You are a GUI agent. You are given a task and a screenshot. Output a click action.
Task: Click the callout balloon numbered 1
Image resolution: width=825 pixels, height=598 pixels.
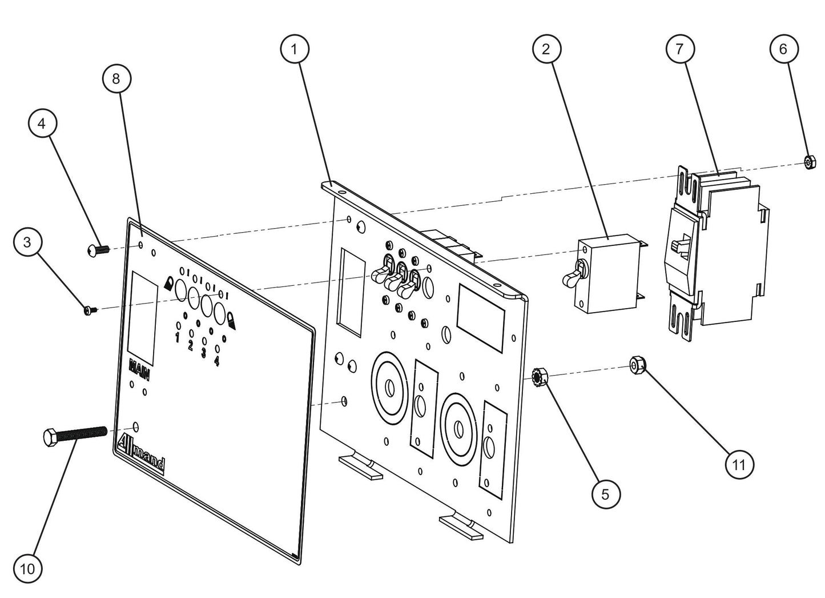tap(295, 49)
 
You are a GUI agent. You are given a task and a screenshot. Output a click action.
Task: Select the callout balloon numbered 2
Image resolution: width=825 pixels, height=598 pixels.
tap(546, 49)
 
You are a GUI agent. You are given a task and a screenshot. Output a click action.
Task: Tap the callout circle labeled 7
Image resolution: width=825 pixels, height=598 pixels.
tap(679, 49)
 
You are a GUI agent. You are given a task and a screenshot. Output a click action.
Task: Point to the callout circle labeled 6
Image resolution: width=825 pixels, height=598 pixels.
tap(783, 49)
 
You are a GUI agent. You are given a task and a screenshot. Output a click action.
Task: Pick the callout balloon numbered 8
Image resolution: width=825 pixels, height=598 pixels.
tap(116, 78)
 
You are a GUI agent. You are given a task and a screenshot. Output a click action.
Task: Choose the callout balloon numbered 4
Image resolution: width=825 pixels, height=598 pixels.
tap(43, 123)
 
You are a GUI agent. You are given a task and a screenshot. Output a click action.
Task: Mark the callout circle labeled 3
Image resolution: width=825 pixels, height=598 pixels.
tap(27, 242)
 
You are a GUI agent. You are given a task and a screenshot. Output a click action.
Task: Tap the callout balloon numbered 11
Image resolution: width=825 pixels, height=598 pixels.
tap(739, 465)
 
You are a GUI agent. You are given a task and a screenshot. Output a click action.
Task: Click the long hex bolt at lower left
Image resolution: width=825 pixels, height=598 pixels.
tap(74, 436)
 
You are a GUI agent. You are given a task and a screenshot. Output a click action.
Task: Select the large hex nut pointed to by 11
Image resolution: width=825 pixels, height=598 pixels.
tap(638, 364)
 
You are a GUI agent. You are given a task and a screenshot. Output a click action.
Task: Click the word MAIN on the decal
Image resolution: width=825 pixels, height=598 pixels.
tap(140, 369)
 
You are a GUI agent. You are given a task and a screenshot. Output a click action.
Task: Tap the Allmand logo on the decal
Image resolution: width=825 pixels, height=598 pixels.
tap(141, 453)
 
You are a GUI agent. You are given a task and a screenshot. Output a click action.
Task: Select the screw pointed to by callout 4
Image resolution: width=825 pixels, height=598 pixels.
tap(98, 250)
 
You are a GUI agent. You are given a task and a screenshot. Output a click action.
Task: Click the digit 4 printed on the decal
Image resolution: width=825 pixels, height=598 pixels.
tap(217, 361)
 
